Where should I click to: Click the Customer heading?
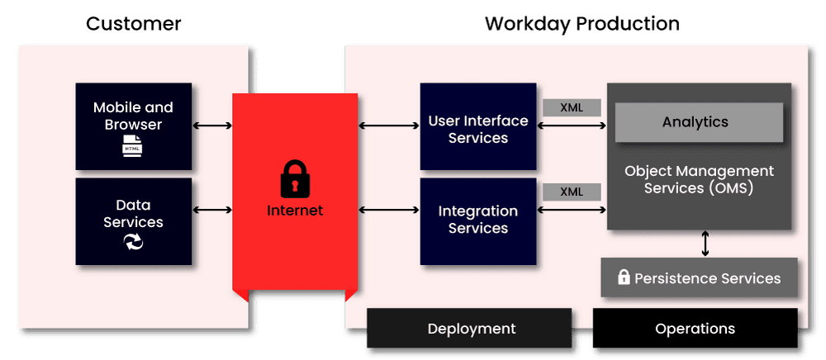click(134, 24)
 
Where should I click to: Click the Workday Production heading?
click(582, 24)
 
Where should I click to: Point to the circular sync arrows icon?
click(133, 241)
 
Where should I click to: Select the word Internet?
click(295, 211)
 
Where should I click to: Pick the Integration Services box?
click(477, 220)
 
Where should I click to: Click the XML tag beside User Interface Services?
click(572, 107)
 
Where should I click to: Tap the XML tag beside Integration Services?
click(572, 192)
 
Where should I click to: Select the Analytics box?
click(695, 122)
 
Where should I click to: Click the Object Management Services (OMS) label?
click(699, 180)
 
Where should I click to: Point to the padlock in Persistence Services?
click(624, 277)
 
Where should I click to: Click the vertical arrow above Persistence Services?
click(705, 244)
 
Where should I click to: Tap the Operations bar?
click(695, 329)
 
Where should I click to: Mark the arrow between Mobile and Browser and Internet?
click(212, 126)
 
